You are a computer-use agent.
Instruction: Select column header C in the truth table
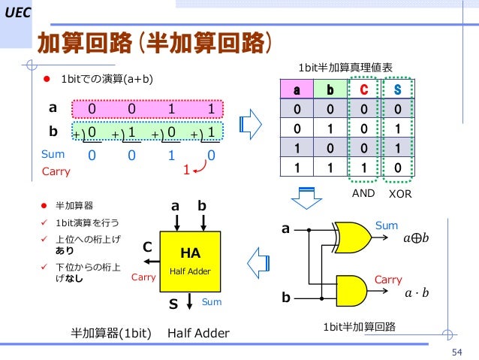pyautogui.click(x=363, y=92)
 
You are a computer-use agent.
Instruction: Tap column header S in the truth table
pyautogui.click(x=397, y=92)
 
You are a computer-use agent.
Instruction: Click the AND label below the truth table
pyautogui.click(x=363, y=193)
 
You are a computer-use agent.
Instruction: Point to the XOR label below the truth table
pyautogui.click(x=399, y=193)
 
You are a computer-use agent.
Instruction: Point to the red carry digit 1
pyautogui.click(x=185, y=171)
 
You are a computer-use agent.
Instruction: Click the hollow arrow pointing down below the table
pyautogui.click(x=306, y=195)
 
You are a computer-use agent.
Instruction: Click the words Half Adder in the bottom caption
pyautogui.click(x=198, y=332)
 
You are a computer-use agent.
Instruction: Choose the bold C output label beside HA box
pyautogui.click(x=147, y=247)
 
